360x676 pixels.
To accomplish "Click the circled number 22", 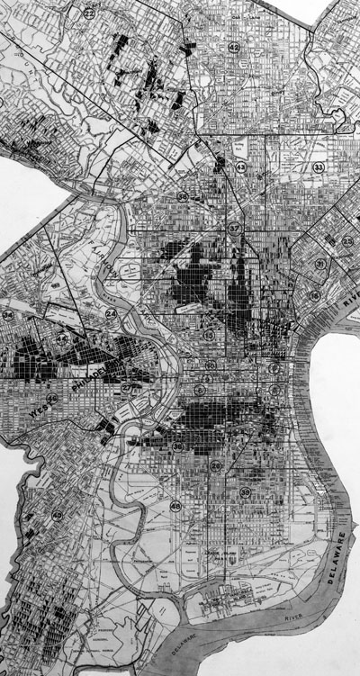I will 89,14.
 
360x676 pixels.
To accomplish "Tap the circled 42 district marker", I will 234,48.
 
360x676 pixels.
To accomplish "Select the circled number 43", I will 241,167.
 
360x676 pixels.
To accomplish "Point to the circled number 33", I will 318,167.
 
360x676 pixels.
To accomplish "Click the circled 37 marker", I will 234,228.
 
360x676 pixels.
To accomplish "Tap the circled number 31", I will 320,264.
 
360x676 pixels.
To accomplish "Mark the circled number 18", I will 314,295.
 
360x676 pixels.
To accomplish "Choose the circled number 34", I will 8,315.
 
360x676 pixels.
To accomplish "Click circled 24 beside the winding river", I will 111,314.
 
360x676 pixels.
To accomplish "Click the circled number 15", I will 208,335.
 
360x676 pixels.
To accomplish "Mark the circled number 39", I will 245,492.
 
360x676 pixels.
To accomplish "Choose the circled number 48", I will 175,507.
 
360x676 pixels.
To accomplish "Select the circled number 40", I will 57,516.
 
